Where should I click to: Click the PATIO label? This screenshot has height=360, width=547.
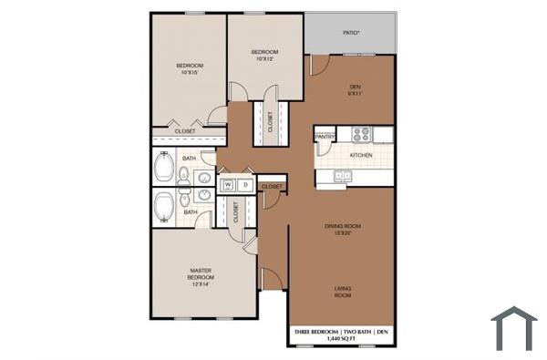point(351,33)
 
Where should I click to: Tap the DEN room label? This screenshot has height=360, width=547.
point(356,87)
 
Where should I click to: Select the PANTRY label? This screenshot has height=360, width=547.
point(325,138)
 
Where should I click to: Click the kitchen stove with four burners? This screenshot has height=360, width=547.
point(362,134)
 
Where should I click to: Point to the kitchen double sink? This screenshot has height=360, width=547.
point(343,176)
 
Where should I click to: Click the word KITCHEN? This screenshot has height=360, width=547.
point(361,156)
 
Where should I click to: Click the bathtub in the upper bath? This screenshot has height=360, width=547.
point(165,169)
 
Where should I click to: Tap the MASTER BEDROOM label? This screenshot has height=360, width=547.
point(201,273)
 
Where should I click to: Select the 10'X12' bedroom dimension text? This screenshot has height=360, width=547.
point(265,59)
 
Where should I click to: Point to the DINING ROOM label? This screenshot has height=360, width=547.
point(344,225)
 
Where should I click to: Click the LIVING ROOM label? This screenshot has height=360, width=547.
point(343,293)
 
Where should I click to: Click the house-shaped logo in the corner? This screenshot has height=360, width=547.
point(513,327)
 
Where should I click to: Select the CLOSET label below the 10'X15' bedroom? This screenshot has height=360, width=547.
point(184,131)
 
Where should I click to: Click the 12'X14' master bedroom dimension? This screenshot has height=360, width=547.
point(201,284)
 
